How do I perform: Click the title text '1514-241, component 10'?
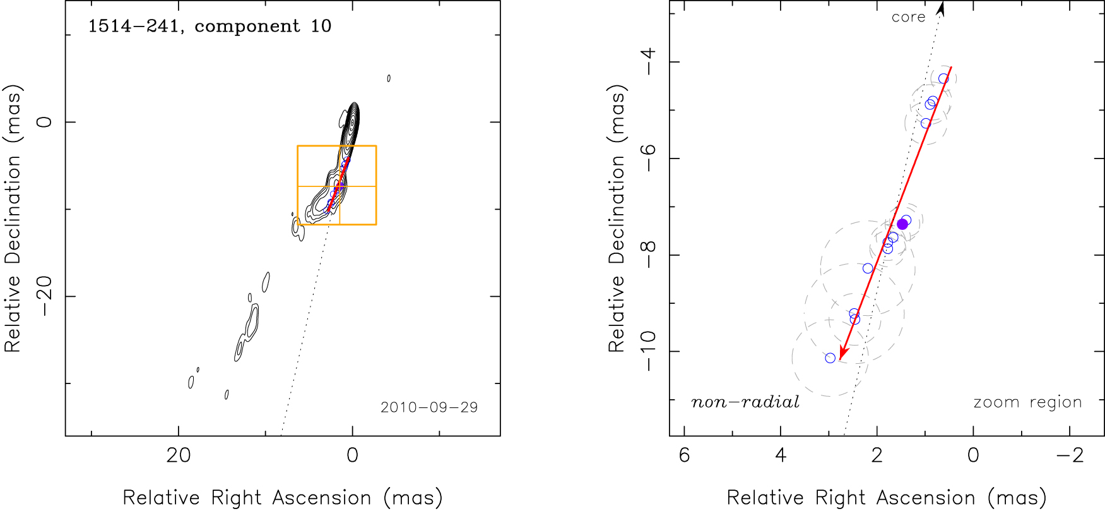pyautogui.click(x=210, y=27)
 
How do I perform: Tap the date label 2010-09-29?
pyautogui.click(x=429, y=407)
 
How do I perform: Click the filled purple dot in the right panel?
pyautogui.click(x=902, y=224)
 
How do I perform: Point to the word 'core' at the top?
pyautogui.click(x=908, y=18)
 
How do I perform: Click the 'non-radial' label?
pyautogui.click(x=745, y=402)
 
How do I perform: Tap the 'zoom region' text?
pyautogui.click(x=1027, y=402)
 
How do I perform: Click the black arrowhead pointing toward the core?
pyautogui.click(x=941, y=8)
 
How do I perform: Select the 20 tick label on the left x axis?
pyautogui.click(x=179, y=455)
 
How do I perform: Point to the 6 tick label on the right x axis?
pyautogui.click(x=685, y=455)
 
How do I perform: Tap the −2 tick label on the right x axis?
pyautogui.click(x=1070, y=455)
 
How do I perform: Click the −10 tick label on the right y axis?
pyautogui.click(x=648, y=351)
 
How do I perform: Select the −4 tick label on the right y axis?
pyautogui.click(x=648, y=61)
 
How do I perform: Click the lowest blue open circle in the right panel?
pyautogui.click(x=830, y=358)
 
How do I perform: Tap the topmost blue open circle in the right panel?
pyautogui.click(x=943, y=78)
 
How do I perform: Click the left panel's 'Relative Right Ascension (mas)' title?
pyautogui.click(x=283, y=498)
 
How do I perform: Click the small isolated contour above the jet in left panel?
pyautogui.click(x=389, y=78)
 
